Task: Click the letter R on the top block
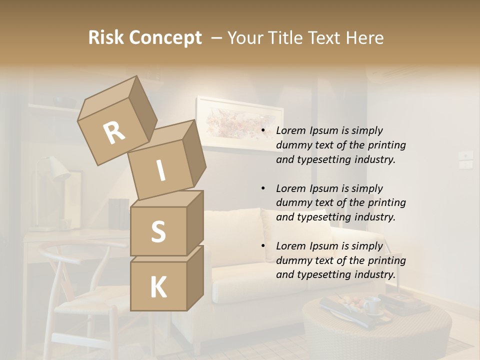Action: click(x=114, y=133)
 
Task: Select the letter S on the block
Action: click(x=158, y=231)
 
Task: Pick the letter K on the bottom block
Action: click(x=158, y=287)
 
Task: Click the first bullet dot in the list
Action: click(x=263, y=131)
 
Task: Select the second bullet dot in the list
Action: click(x=263, y=189)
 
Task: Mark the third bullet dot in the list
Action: click(x=263, y=246)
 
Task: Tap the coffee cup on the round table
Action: click(x=371, y=304)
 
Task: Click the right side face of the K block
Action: click(x=195, y=277)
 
